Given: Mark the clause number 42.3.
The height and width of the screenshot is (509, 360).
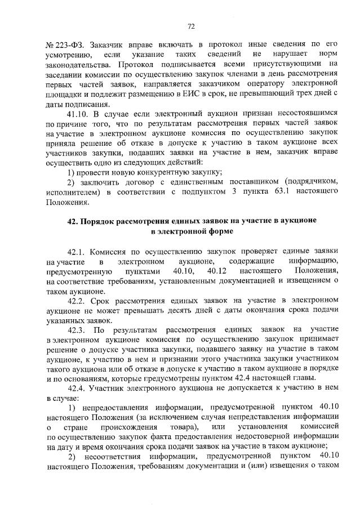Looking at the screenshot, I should click(x=78, y=329).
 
